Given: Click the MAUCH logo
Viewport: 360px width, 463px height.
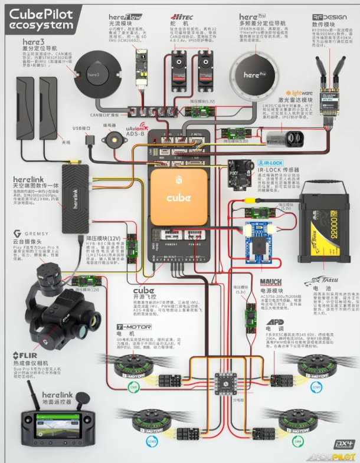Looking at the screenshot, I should (271, 282).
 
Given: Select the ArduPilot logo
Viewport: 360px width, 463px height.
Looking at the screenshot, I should (331, 456).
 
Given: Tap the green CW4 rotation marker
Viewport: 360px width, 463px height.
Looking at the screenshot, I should (298, 441).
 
